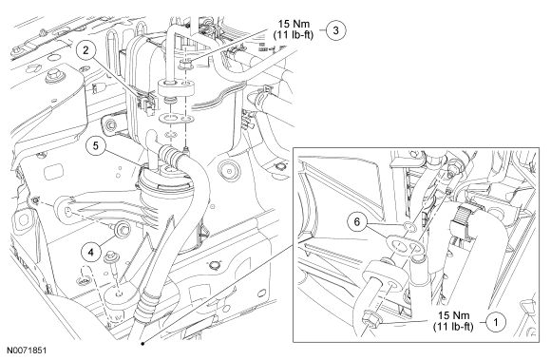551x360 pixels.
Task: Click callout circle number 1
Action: [496, 322]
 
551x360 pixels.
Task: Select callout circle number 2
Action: [86, 50]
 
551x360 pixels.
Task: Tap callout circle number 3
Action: [335, 30]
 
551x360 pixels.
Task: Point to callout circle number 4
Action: [90, 252]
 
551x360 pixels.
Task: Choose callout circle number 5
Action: [96, 145]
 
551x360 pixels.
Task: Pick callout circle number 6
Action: [357, 222]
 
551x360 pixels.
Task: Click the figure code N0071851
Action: [27, 351]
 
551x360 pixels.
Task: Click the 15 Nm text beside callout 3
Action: [294, 24]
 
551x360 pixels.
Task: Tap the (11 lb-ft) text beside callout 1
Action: [453, 327]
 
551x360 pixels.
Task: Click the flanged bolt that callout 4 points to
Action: [122, 230]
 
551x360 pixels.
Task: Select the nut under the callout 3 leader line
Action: [185, 64]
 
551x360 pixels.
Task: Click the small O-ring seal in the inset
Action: [409, 226]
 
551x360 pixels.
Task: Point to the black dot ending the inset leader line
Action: [142, 344]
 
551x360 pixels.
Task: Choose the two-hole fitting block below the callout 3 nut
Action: [176, 87]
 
